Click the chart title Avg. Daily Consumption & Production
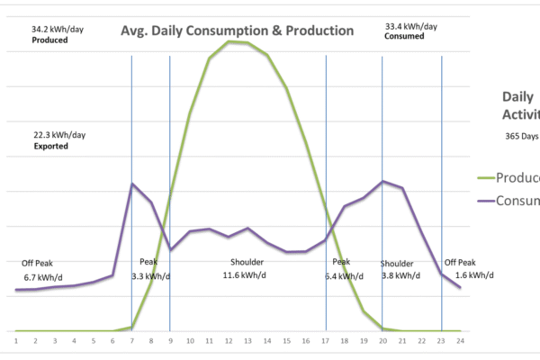[238, 31]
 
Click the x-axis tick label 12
[229, 340]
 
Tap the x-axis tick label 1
[16, 340]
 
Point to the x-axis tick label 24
[460, 340]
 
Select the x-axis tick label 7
[132, 340]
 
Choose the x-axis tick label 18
[345, 340]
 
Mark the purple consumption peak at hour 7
[132, 184]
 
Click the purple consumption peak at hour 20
[383, 181]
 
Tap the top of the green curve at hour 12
[229, 40]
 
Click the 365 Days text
[520, 137]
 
